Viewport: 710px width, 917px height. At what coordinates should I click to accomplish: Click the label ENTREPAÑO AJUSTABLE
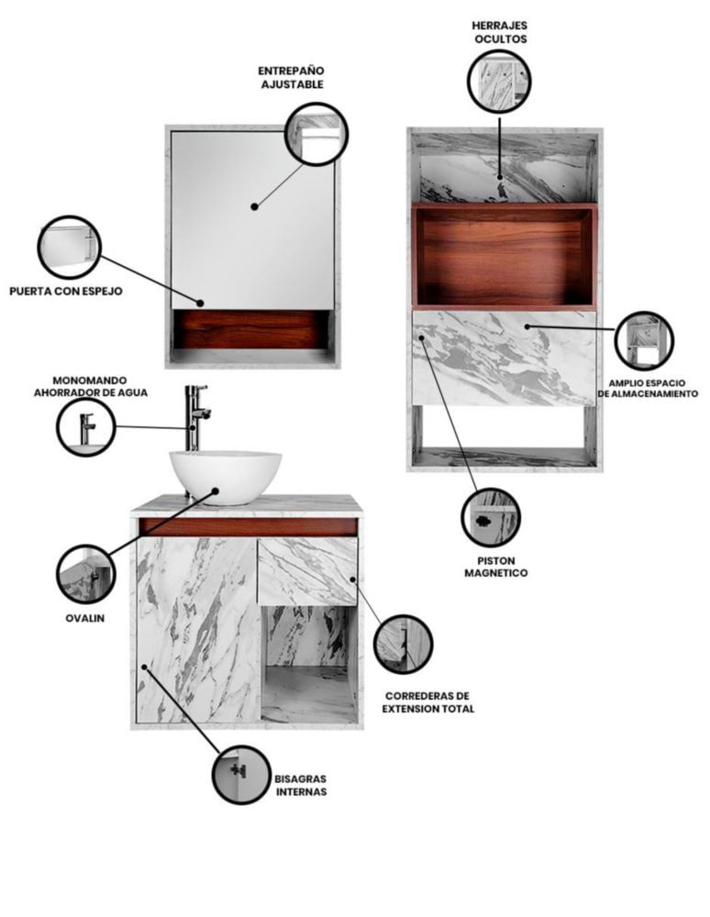pyautogui.click(x=292, y=77)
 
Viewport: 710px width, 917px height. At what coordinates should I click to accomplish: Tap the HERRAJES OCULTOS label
pyautogui.click(x=500, y=32)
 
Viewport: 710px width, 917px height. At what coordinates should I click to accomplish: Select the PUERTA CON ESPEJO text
pyautogui.click(x=66, y=291)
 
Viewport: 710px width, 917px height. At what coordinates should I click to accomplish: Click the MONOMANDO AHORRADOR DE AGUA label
pyautogui.click(x=91, y=387)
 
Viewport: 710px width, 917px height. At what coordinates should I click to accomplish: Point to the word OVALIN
pyautogui.click(x=84, y=618)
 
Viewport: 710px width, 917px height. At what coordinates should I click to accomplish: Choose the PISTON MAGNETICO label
pyautogui.click(x=496, y=567)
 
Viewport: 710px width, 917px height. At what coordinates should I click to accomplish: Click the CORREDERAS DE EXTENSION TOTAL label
pyautogui.click(x=428, y=702)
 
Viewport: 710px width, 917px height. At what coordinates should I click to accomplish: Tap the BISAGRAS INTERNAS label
pyautogui.click(x=301, y=786)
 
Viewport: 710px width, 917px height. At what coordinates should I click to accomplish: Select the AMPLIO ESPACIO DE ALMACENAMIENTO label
pyautogui.click(x=648, y=388)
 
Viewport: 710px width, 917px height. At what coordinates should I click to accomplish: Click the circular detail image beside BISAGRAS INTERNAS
pyautogui.click(x=241, y=775)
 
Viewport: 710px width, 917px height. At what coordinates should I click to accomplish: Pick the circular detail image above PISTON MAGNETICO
pyautogui.click(x=490, y=517)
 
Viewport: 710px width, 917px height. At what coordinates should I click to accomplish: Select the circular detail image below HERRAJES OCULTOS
pyautogui.click(x=499, y=81)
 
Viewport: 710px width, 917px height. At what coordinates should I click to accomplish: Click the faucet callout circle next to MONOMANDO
pyautogui.click(x=86, y=427)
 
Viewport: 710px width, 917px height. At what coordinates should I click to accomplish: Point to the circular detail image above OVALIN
pyautogui.click(x=86, y=575)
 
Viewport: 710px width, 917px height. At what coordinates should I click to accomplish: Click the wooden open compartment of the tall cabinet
pyautogui.click(x=505, y=256)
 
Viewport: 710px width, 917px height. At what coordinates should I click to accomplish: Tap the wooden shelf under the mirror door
pyautogui.click(x=251, y=329)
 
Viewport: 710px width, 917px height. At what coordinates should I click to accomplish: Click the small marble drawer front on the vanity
pyautogui.click(x=307, y=571)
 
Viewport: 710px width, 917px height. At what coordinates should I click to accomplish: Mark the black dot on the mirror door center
pyautogui.click(x=254, y=206)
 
